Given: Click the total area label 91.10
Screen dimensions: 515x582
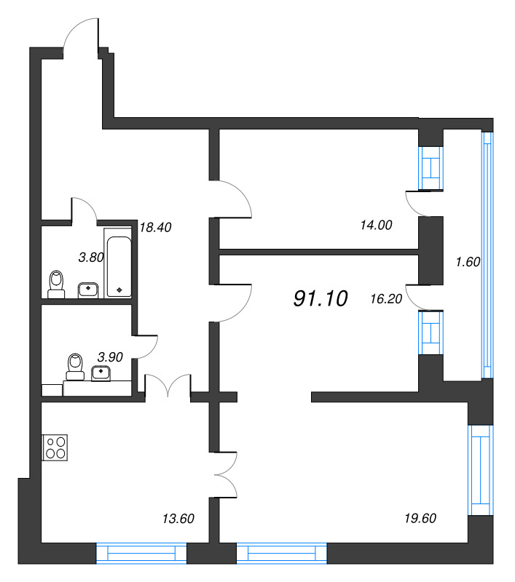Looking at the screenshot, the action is point(321,298).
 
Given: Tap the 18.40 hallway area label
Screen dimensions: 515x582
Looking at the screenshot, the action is point(155,227).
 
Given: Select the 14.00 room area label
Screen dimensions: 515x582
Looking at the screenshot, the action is point(376,225).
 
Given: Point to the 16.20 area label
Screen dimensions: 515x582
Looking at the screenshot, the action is point(386,299).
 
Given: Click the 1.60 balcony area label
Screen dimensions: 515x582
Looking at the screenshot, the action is point(468,262).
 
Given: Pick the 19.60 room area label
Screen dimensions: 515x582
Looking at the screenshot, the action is point(420,518).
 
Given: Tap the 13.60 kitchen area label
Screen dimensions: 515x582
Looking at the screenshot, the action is point(178,519).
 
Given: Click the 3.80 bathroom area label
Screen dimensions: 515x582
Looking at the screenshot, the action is point(90,258).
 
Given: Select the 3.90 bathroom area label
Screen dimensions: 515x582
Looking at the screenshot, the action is point(110,357).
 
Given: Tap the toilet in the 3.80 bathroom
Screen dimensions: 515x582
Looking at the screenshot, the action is point(57,284).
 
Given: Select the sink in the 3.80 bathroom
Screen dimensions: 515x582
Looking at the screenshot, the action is point(88,290).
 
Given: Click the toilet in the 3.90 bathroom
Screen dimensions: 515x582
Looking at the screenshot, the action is point(76,367).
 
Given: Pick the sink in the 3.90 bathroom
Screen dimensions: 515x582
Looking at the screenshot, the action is point(101,372).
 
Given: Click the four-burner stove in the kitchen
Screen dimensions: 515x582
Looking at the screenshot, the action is point(55,447).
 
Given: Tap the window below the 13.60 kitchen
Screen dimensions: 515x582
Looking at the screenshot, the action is point(141,554).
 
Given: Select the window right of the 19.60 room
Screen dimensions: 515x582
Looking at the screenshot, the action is point(481,470).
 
